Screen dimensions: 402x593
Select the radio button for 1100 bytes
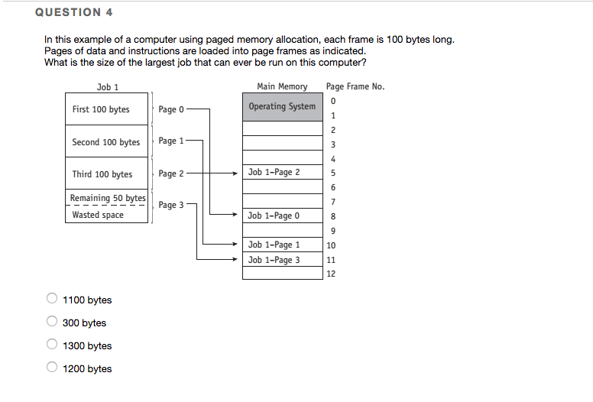pyautogui.click(x=53, y=300)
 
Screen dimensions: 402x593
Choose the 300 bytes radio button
pyautogui.click(x=53, y=323)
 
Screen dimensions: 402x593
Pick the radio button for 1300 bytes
pyautogui.click(x=53, y=345)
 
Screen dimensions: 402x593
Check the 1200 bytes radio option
pyautogui.click(x=53, y=368)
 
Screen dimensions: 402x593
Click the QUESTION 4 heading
pyautogui.click(x=68, y=12)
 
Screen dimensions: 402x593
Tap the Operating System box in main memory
pyautogui.click(x=282, y=107)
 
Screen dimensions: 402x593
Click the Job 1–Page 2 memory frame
pyautogui.click(x=282, y=172)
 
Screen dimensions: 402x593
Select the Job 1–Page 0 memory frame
pyautogui.click(x=282, y=216)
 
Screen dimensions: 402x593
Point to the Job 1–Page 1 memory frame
pyautogui.click(x=282, y=245)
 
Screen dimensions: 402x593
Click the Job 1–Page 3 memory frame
pyautogui.click(x=282, y=260)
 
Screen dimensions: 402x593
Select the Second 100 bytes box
pyautogui.click(x=105, y=142)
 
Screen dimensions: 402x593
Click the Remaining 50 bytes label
pyautogui.click(x=107, y=199)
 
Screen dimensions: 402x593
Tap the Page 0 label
pyautogui.click(x=171, y=109)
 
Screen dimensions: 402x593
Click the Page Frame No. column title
pyautogui.click(x=355, y=86)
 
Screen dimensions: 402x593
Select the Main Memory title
pyautogui.click(x=282, y=86)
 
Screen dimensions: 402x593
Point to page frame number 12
pyautogui.click(x=331, y=274)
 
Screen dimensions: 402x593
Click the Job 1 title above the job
pyautogui.click(x=108, y=86)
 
